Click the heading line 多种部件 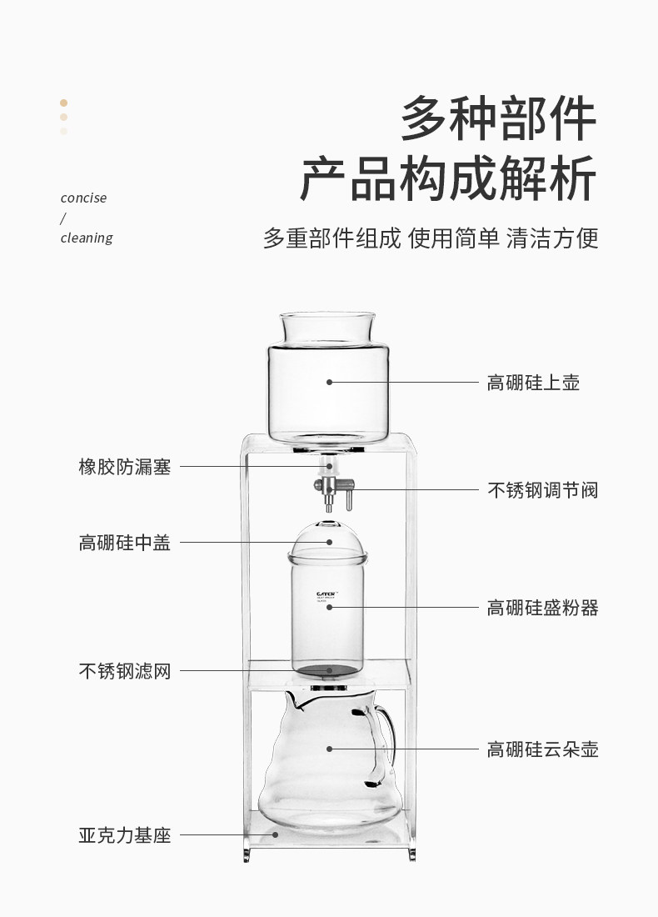[x=498, y=120]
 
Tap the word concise [x=83, y=198]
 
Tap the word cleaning [x=87, y=238]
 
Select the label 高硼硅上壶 [x=533, y=383]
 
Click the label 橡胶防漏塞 [x=124, y=467]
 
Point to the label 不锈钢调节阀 [x=542, y=489]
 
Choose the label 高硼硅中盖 [x=124, y=543]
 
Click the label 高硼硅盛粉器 [x=542, y=608]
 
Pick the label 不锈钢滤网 [x=124, y=670]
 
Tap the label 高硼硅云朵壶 [x=542, y=749]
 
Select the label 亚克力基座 [x=124, y=834]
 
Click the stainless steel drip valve [x=331, y=489]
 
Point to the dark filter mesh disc [x=330, y=669]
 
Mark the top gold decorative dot [x=63, y=103]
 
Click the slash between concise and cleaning [x=62, y=218]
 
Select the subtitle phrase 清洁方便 [x=551, y=238]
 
